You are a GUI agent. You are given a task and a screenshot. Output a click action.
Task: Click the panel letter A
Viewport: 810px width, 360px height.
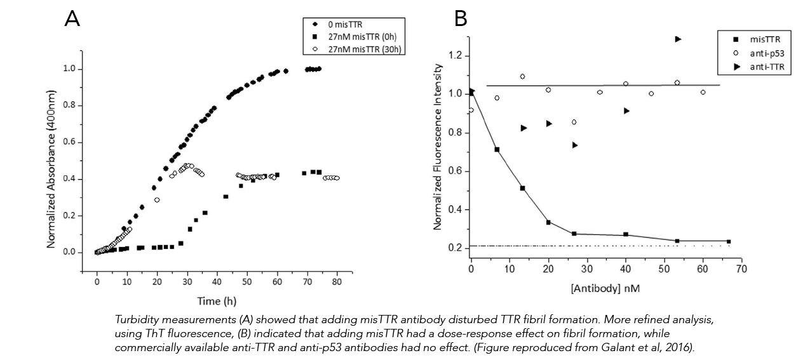[72, 20]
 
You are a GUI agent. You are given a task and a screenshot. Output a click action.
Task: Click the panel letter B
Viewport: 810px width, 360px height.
[461, 20]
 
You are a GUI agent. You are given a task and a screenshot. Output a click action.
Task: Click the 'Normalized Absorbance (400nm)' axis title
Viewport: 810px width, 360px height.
[50, 159]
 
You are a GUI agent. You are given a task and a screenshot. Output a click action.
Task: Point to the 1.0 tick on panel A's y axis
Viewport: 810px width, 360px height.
[70, 69]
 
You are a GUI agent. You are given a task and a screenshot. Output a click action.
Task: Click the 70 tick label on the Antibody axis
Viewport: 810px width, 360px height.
[741, 269]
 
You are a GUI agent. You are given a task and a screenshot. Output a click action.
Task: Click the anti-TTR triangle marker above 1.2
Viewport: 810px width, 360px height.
[678, 39]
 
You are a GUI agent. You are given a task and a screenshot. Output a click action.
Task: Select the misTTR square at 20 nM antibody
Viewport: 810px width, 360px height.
[548, 222]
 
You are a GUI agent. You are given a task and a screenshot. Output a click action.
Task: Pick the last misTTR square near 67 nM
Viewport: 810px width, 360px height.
[729, 241]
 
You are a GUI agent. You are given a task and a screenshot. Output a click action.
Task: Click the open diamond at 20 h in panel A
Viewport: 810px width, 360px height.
[157, 200]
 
